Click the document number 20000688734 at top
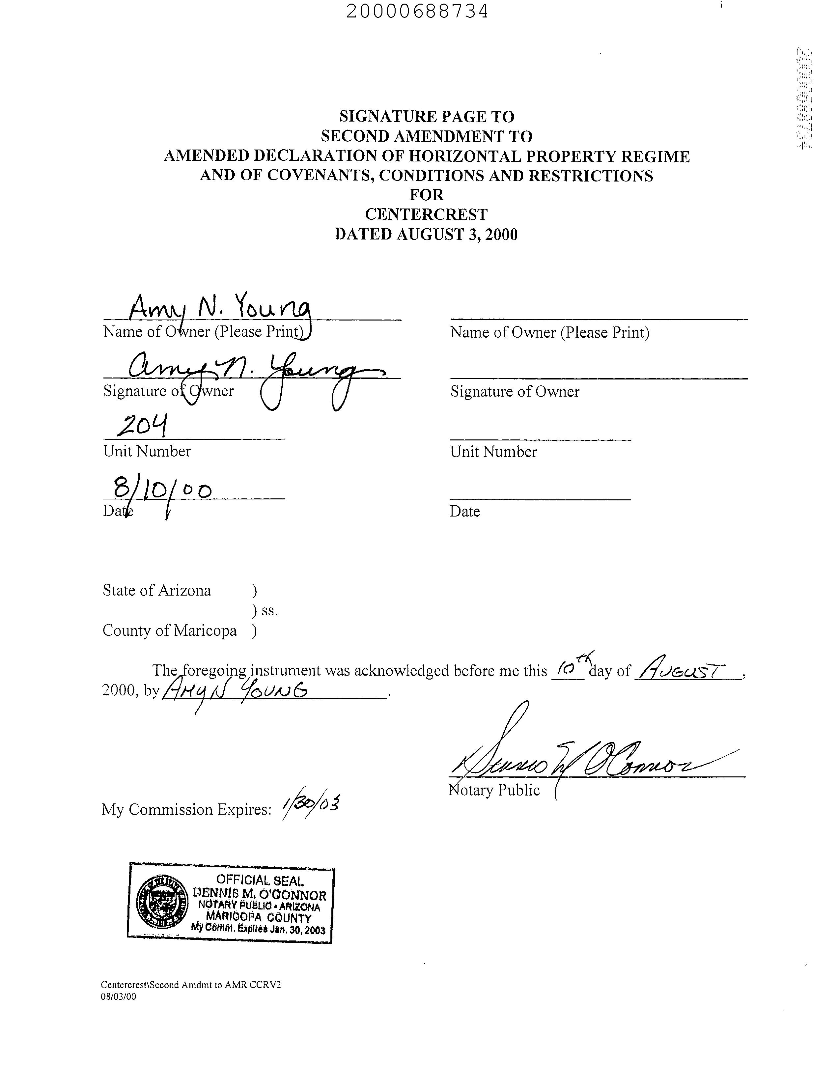tap(417, 11)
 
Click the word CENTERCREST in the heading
tap(426, 214)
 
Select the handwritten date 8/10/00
tap(162, 489)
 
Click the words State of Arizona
tap(156, 591)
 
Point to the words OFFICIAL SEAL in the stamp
tap(259, 881)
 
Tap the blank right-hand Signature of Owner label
tap(515, 392)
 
